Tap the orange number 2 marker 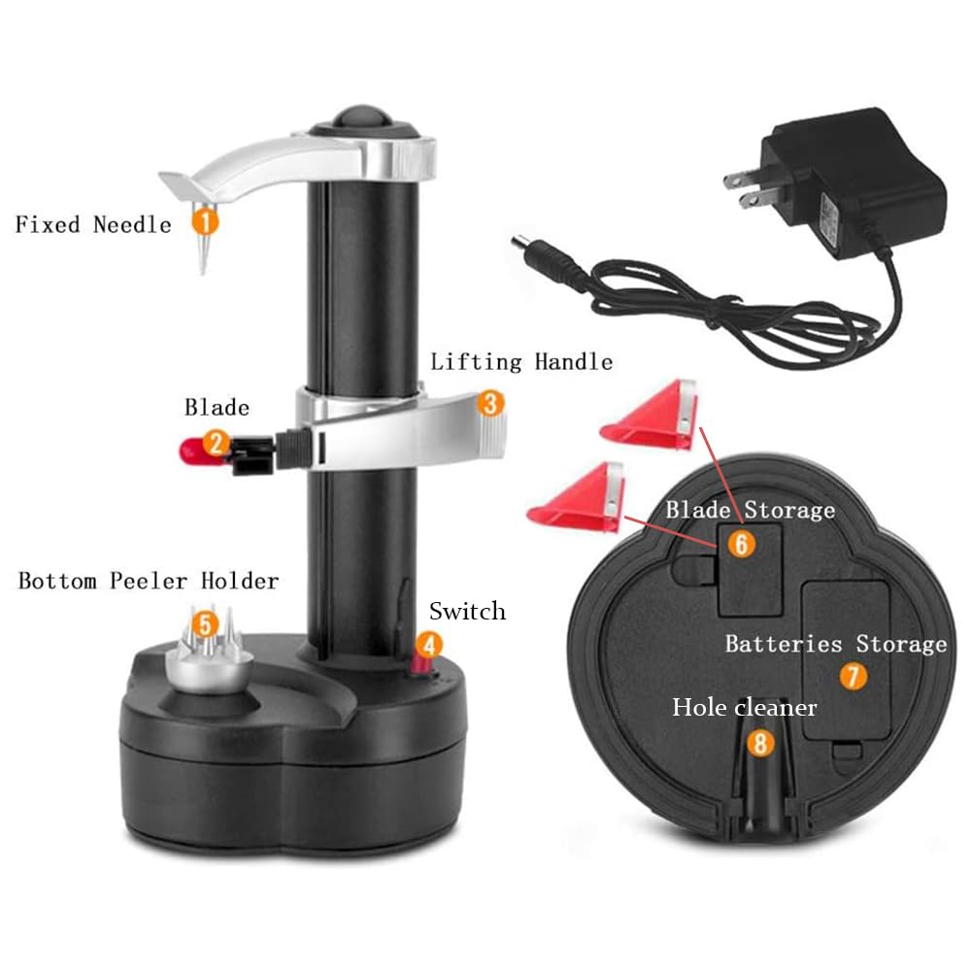(x=218, y=445)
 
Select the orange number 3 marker (x=491, y=402)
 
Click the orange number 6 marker (x=741, y=544)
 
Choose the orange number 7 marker (x=853, y=677)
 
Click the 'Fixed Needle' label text (x=93, y=224)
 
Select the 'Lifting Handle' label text (x=521, y=362)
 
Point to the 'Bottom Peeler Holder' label (x=149, y=581)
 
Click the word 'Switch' (x=467, y=611)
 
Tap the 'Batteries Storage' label (x=835, y=644)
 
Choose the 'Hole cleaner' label (x=745, y=707)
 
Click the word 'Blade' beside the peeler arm (x=217, y=407)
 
